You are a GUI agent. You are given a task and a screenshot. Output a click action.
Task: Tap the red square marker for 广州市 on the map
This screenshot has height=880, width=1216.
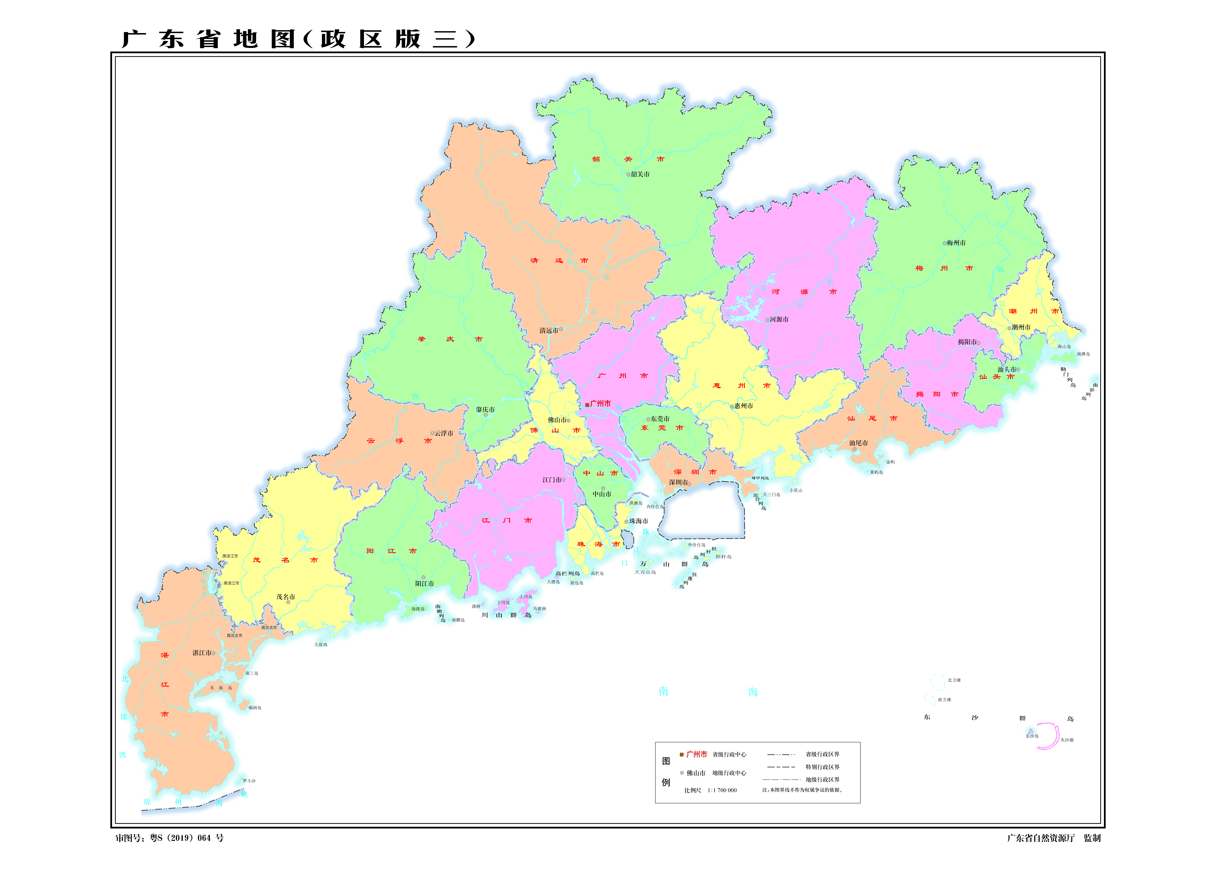[x=587, y=405]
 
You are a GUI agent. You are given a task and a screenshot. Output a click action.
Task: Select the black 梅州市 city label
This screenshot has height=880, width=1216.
[x=956, y=243]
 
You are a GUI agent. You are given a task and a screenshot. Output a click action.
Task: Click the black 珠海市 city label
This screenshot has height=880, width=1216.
[x=639, y=521]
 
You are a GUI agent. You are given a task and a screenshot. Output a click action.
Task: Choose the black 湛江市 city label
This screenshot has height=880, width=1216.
[x=202, y=653]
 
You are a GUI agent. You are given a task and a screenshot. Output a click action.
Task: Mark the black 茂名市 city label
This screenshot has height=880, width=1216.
[x=286, y=597]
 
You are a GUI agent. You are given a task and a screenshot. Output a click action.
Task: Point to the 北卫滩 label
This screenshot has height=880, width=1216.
[x=954, y=680]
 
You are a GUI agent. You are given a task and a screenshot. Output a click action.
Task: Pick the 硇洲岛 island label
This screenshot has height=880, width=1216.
[x=255, y=707]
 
